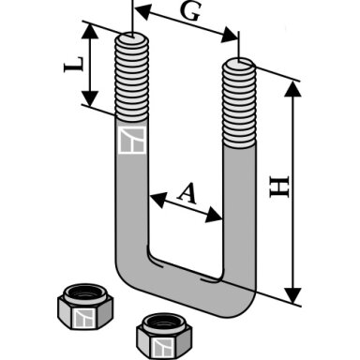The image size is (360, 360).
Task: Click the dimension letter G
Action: click(190, 12)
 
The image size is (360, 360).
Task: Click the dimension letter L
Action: click(74, 65)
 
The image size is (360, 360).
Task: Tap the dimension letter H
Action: click(279, 187)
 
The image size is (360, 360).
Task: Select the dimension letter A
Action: click(187, 194)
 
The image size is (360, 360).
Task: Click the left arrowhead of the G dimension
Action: click(142, 12)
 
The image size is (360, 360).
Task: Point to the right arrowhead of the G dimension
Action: click(230, 35)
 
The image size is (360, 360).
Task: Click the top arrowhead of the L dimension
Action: click(90, 32)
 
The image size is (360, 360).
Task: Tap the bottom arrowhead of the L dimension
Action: click(90, 98)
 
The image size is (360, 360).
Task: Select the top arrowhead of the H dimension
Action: click(293, 89)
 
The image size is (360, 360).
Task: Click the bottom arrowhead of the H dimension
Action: click(293, 295)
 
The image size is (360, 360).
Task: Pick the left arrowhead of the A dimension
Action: click(157, 200)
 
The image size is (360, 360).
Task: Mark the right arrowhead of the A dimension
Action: click(215, 215)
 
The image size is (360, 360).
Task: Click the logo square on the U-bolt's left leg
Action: click(132, 141)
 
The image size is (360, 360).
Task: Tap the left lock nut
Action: click(85, 307)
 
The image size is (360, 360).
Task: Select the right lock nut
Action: click(164, 336)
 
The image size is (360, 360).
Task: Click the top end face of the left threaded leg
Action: click(132, 38)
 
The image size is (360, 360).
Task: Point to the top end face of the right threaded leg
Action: click(239, 66)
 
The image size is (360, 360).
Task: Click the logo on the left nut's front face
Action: click(84, 319)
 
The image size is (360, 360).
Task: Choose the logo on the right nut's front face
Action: click(162, 348)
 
